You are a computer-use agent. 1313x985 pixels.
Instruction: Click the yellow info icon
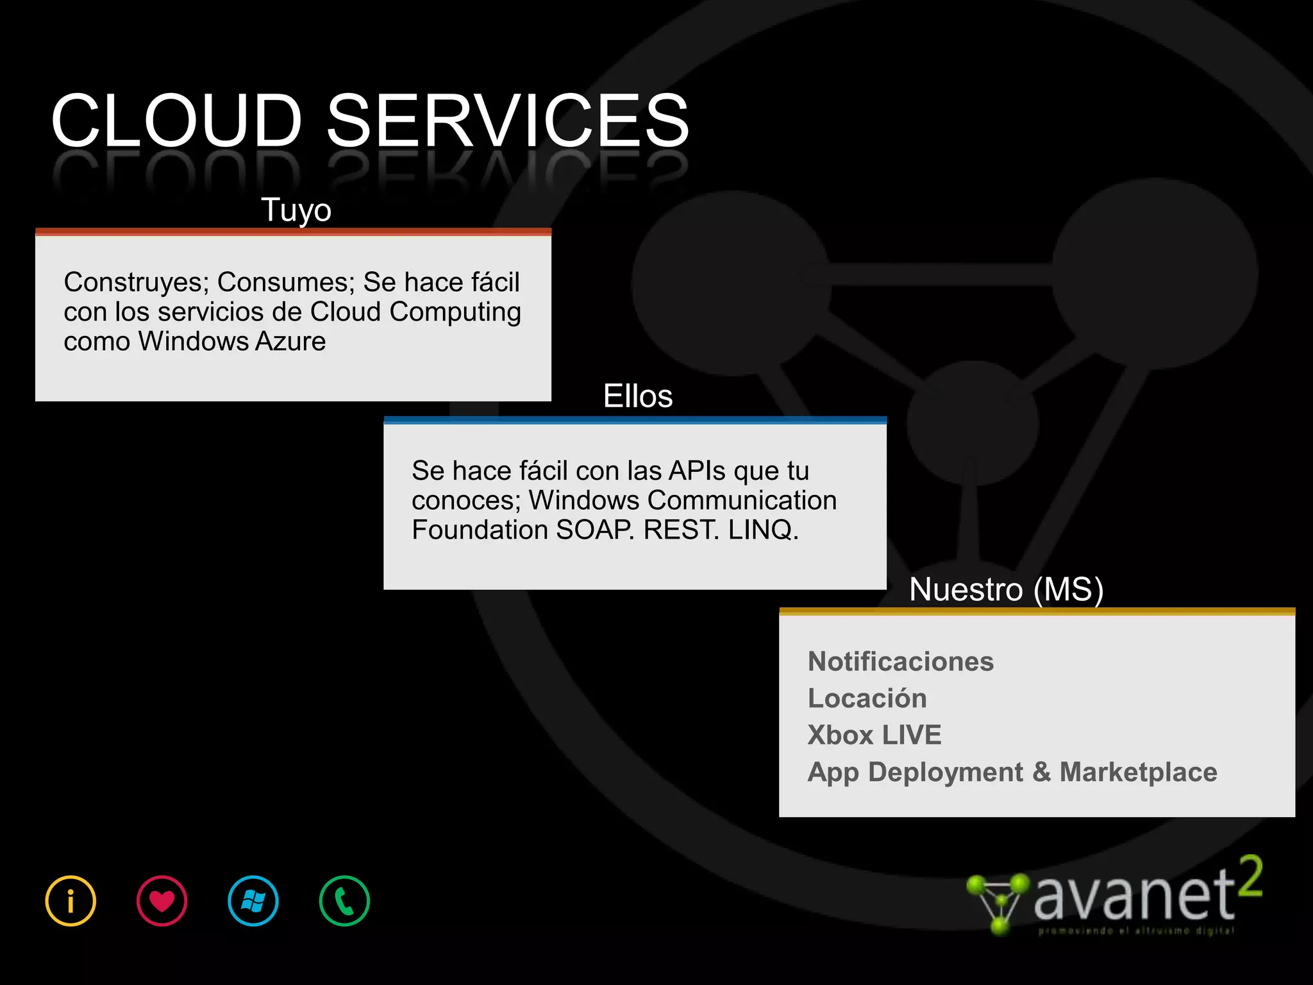point(71,901)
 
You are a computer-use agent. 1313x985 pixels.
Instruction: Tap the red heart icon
point(162,901)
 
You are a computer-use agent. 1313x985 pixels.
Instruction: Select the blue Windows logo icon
point(253,901)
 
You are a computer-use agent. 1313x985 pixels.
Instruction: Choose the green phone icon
point(344,901)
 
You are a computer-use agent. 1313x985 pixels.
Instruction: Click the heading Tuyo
point(296,210)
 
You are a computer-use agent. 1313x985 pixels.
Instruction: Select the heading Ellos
point(638,396)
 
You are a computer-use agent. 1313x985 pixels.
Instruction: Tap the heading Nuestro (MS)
point(1006,589)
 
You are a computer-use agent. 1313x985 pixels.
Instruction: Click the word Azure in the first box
point(290,341)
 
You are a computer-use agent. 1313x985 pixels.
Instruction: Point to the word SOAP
point(594,530)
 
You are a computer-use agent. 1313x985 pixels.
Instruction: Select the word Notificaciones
point(901,661)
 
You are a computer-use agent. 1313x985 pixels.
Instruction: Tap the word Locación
point(867,698)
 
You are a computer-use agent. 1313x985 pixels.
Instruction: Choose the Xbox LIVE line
point(874,735)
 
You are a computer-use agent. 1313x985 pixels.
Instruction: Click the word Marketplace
point(1138,771)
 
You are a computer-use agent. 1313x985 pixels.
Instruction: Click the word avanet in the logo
point(1133,895)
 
